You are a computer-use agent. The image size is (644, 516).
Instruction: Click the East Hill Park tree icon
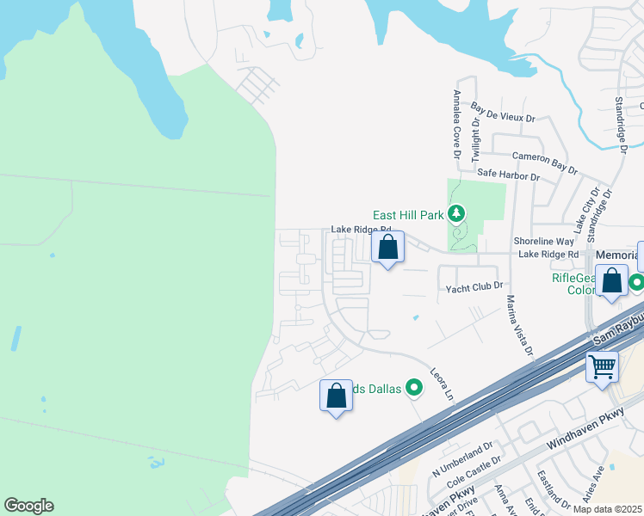(x=456, y=212)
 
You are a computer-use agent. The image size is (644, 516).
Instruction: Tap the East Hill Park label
(x=408, y=215)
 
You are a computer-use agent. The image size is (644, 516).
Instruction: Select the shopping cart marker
(x=602, y=366)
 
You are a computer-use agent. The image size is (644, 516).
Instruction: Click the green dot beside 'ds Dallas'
(x=414, y=389)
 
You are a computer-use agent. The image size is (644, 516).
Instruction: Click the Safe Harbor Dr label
(x=508, y=175)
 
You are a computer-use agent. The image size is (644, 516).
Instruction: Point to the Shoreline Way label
(x=543, y=242)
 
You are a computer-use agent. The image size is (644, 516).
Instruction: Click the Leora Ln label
(x=443, y=383)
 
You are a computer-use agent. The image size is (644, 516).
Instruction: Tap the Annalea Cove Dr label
(x=457, y=125)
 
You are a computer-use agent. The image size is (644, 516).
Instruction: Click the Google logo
(x=28, y=506)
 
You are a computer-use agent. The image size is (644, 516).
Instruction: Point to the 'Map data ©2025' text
(x=607, y=509)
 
